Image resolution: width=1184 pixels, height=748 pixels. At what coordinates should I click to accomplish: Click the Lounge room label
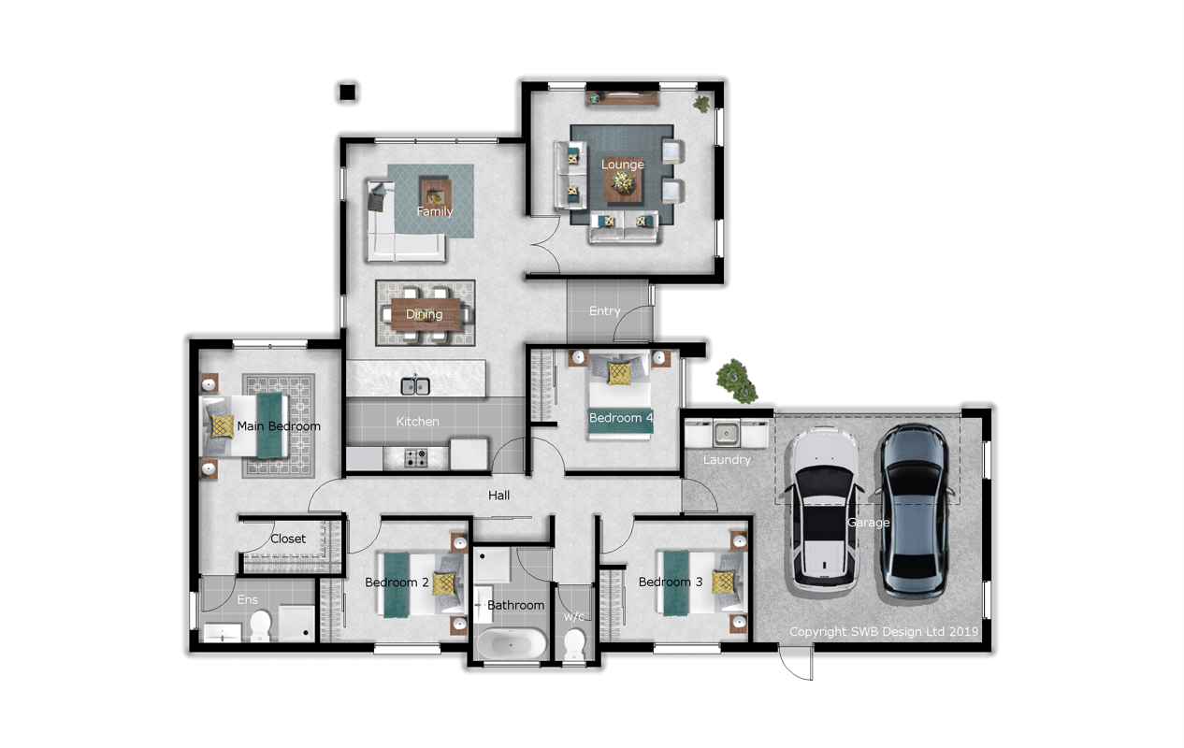tap(622, 165)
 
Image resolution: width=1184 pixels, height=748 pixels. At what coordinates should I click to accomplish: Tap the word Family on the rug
tap(435, 211)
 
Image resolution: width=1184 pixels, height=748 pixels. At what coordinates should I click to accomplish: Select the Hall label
tap(498, 496)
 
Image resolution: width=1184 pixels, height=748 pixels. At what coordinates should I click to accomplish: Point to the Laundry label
tap(727, 460)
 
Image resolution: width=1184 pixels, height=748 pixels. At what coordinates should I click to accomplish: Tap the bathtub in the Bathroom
tap(512, 643)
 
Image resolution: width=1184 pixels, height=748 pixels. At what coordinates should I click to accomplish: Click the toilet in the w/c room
tap(574, 644)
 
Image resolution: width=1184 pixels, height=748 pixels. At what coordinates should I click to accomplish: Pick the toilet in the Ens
tap(260, 625)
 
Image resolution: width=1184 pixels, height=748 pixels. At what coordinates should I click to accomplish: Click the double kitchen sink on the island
tap(415, 386)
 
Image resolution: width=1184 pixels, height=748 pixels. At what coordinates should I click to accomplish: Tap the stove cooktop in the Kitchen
tap(416, 458)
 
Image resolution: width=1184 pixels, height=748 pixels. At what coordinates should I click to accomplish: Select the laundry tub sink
tap(727, 434)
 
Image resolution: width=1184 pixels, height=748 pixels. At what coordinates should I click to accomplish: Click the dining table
tap(426, 313)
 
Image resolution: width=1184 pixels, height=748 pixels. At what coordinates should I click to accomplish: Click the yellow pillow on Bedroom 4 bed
tap(619, 373)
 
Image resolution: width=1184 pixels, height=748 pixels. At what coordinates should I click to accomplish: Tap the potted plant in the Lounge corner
tap(702, 104)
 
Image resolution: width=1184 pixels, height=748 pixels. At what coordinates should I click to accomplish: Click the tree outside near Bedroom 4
tap(736, 381)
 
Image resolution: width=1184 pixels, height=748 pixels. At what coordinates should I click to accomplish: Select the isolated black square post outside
tap(347, 92)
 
